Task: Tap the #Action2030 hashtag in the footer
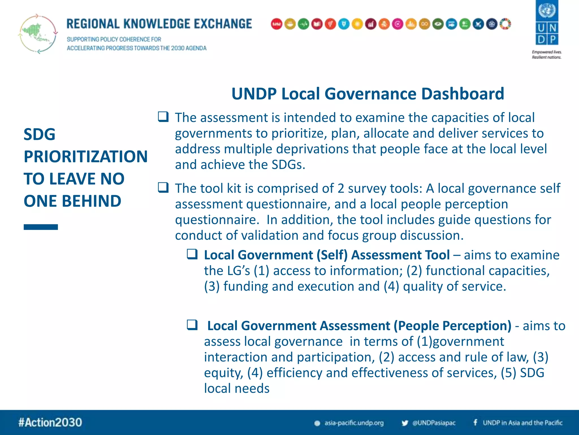point(50,422)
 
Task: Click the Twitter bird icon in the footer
point(405,423)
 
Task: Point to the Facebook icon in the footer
point(476,423)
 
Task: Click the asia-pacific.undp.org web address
point(354,423)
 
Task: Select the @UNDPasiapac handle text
point(434,423)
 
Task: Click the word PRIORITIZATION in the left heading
point(85,156)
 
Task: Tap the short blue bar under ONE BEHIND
point(41,227)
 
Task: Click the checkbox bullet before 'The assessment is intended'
point(163,117)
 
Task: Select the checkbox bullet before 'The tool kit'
point(163,187)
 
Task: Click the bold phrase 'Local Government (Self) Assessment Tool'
point(327,255)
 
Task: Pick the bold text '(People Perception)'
point(452,326)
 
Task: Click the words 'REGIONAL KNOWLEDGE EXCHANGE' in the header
point(159,24)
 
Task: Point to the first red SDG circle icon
point(276,24)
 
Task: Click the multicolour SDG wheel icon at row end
point(505,24)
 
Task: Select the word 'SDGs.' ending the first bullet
point(288,165)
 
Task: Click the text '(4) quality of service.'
point(445,286)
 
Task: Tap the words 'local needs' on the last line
point(237,388)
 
